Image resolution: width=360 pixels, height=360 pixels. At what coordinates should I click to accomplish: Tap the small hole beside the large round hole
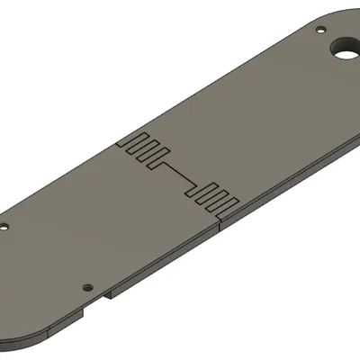321,30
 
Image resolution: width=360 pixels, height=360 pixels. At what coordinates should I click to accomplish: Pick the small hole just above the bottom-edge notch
87,286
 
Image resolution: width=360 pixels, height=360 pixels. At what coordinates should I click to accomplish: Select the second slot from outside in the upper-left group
142,147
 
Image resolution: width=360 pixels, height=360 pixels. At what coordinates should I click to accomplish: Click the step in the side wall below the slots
221,226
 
